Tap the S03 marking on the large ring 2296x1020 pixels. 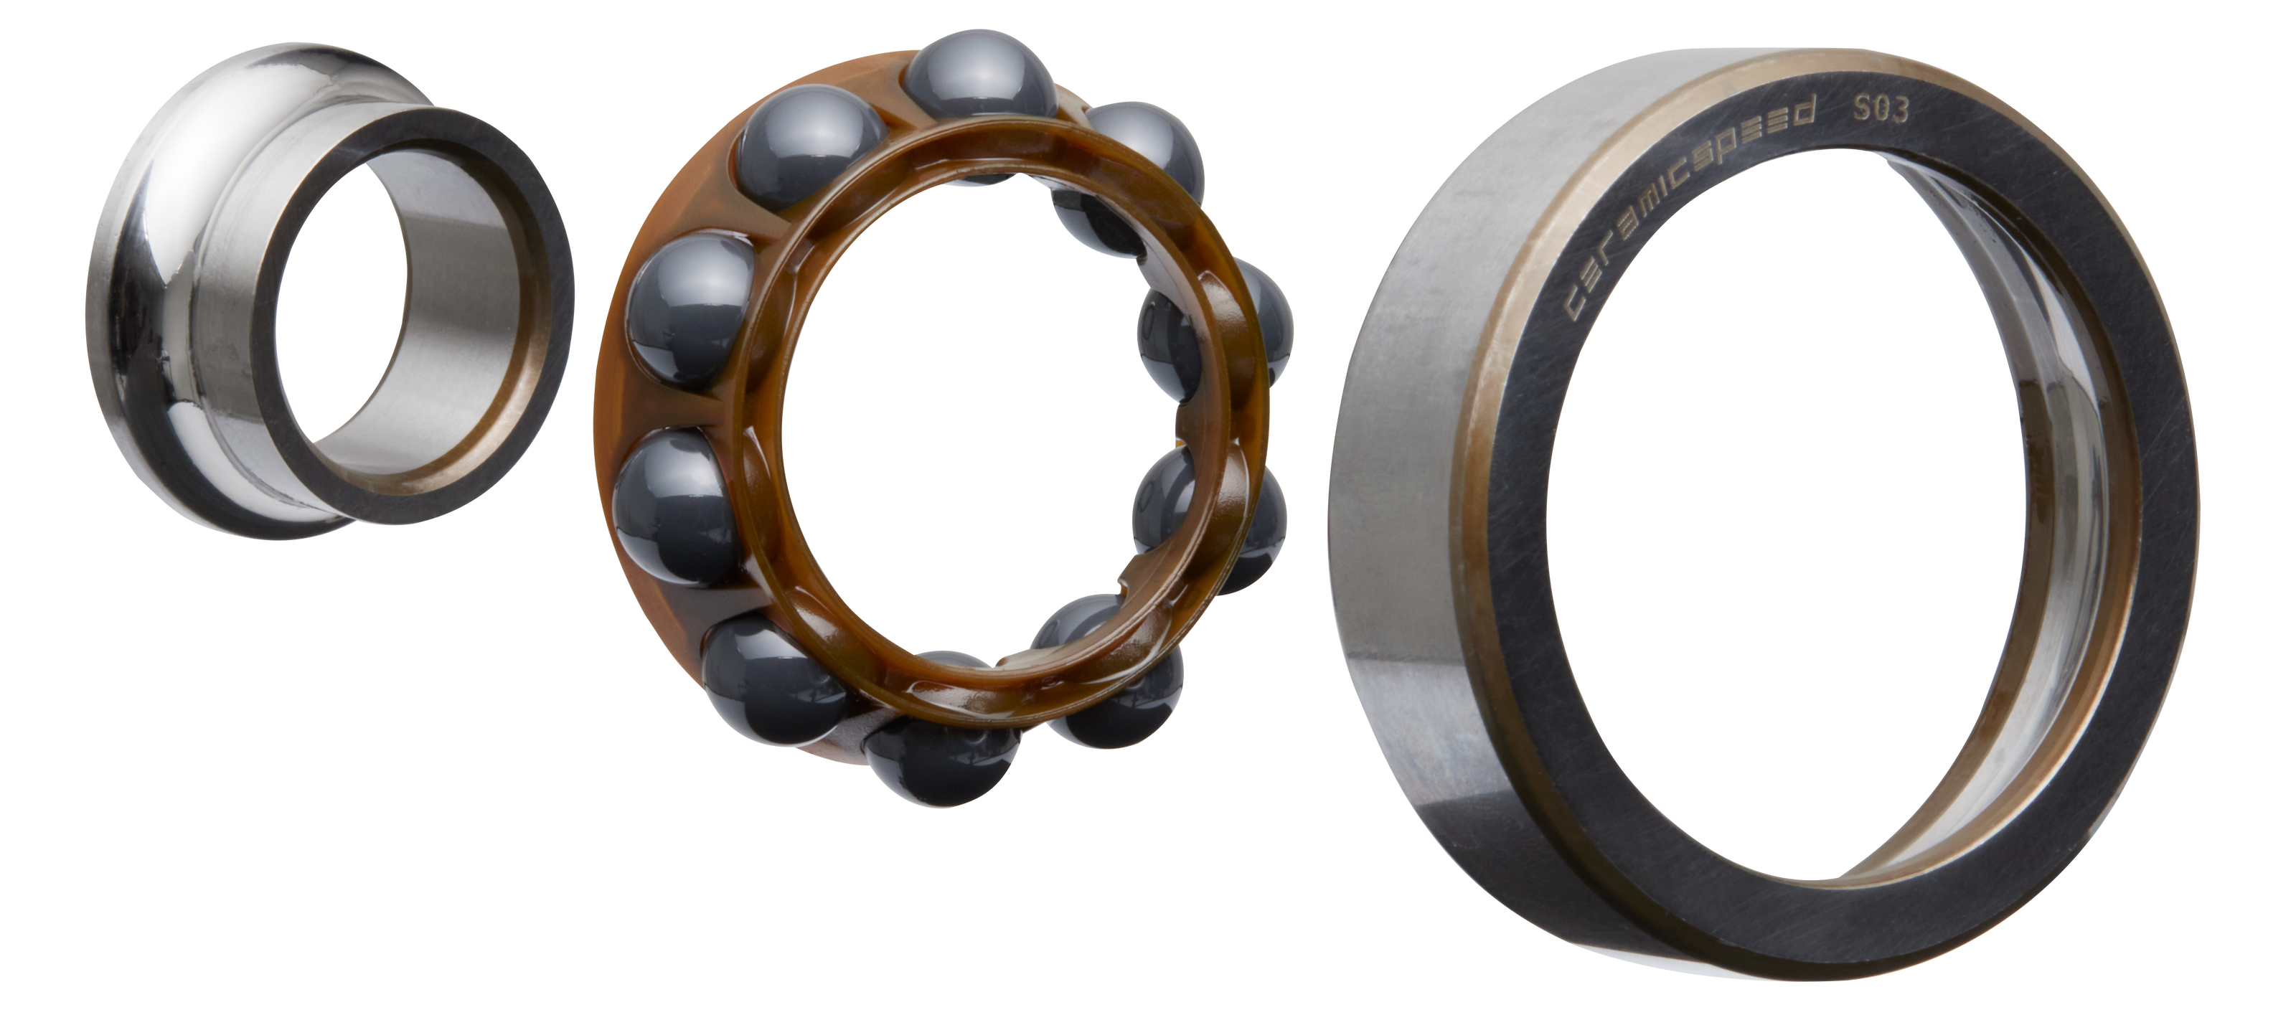pos(1881,109)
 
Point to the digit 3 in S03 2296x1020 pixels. pos(1899,110)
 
